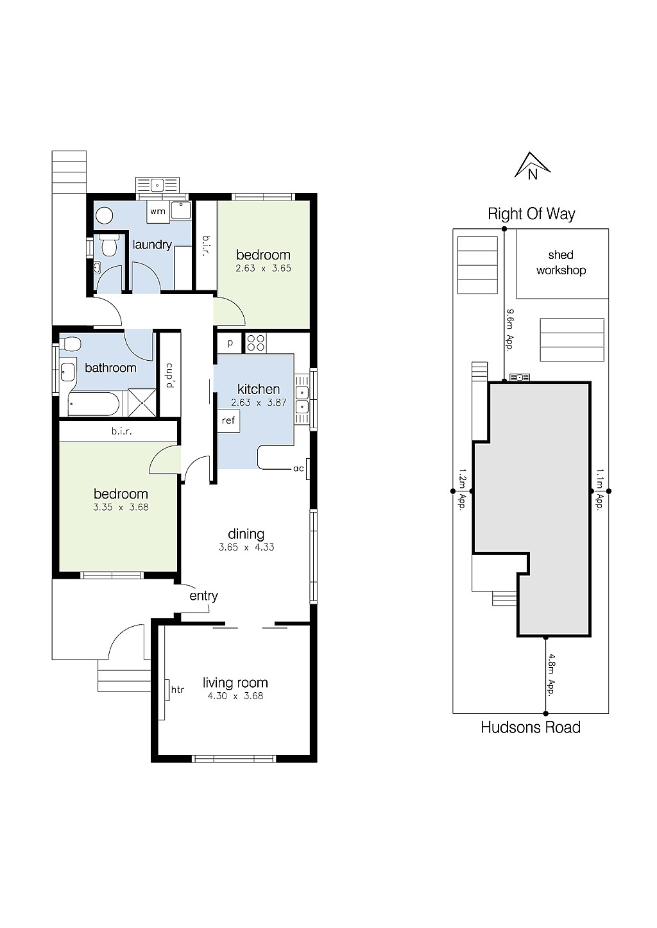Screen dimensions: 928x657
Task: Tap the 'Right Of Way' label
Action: tap(531, 214)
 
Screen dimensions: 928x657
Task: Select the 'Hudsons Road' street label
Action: tap(530, 727)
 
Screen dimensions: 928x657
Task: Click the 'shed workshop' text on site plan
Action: tap(561, 263)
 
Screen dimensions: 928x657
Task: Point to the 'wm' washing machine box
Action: tap(158, 211)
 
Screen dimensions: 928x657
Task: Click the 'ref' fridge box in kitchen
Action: tap(228, 421)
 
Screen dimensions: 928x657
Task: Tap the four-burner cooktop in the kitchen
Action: tap(256, 343)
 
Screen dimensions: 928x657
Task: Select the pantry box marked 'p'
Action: tap(230, 343)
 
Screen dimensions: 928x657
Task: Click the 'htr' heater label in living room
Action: tap(178, 690)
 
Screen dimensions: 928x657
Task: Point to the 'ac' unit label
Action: tap(298, 468)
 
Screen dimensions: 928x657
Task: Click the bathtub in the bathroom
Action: tap(94, 404)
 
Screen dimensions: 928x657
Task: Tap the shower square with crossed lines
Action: tap(142, 403)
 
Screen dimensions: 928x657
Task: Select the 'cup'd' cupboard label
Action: tap(170, 376)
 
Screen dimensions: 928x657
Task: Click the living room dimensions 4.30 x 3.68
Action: tap(235, 696)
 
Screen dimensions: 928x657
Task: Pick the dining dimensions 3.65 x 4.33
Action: tap(246, 547)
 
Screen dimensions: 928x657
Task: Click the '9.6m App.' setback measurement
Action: tap(511, 327)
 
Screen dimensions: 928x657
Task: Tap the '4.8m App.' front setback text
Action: tap(550, 674)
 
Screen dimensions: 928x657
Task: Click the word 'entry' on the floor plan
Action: tap(203, 596)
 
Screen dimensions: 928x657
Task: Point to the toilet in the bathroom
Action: tap(71, 344)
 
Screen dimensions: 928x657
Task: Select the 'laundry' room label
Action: tap(152, 244)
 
